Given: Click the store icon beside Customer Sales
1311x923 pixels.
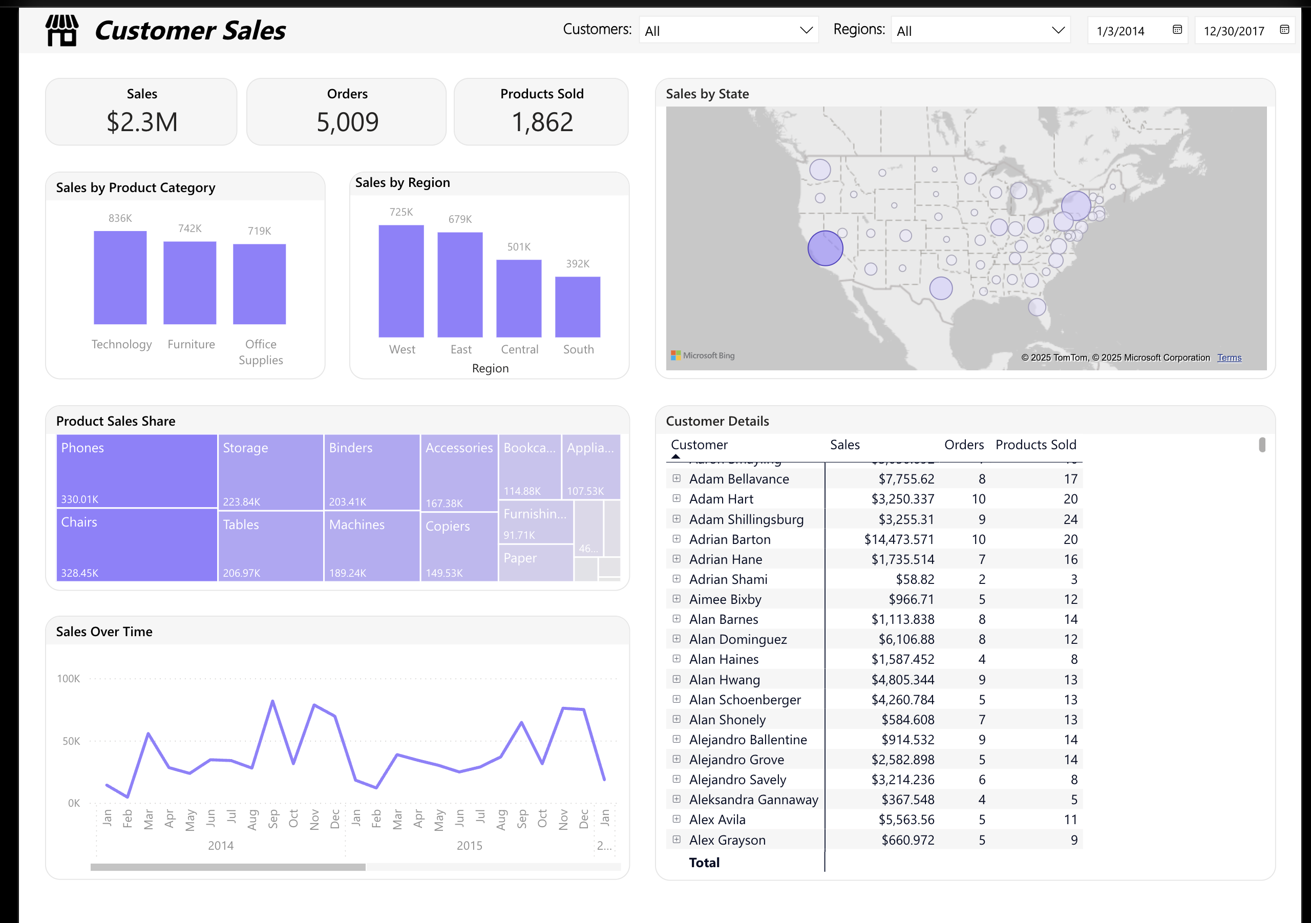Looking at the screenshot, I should pos(61,30).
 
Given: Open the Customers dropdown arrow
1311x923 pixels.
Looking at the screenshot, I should pos(806,30).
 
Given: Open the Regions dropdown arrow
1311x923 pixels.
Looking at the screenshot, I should pos(1058,30).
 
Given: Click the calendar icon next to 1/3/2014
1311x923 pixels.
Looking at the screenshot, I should pos(1177,30).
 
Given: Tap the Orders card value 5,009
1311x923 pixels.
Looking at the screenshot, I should pos(347,122).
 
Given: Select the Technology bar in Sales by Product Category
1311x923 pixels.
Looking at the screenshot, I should pos(120,278).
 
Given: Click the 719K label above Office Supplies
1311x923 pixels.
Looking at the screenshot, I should pos(259,230).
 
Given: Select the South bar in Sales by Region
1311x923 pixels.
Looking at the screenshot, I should pos(577,307).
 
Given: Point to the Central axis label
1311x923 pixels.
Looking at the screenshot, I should pos(519,349).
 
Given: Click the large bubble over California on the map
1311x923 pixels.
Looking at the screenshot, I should pos(825,248).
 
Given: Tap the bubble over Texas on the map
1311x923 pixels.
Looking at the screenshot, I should pos(940,288).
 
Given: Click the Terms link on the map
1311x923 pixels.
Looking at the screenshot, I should pos(1229,358).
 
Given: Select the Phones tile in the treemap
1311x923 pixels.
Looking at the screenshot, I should pos(136,471).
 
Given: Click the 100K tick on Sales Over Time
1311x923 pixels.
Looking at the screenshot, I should pos(68,679).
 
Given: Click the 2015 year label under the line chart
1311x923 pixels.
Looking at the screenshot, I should pos(469,845).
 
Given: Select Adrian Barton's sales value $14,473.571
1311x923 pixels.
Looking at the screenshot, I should pos(899,539).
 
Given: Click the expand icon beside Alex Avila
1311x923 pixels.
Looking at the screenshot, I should pos(676,819).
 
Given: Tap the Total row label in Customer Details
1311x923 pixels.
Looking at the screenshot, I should pos(704,863).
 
